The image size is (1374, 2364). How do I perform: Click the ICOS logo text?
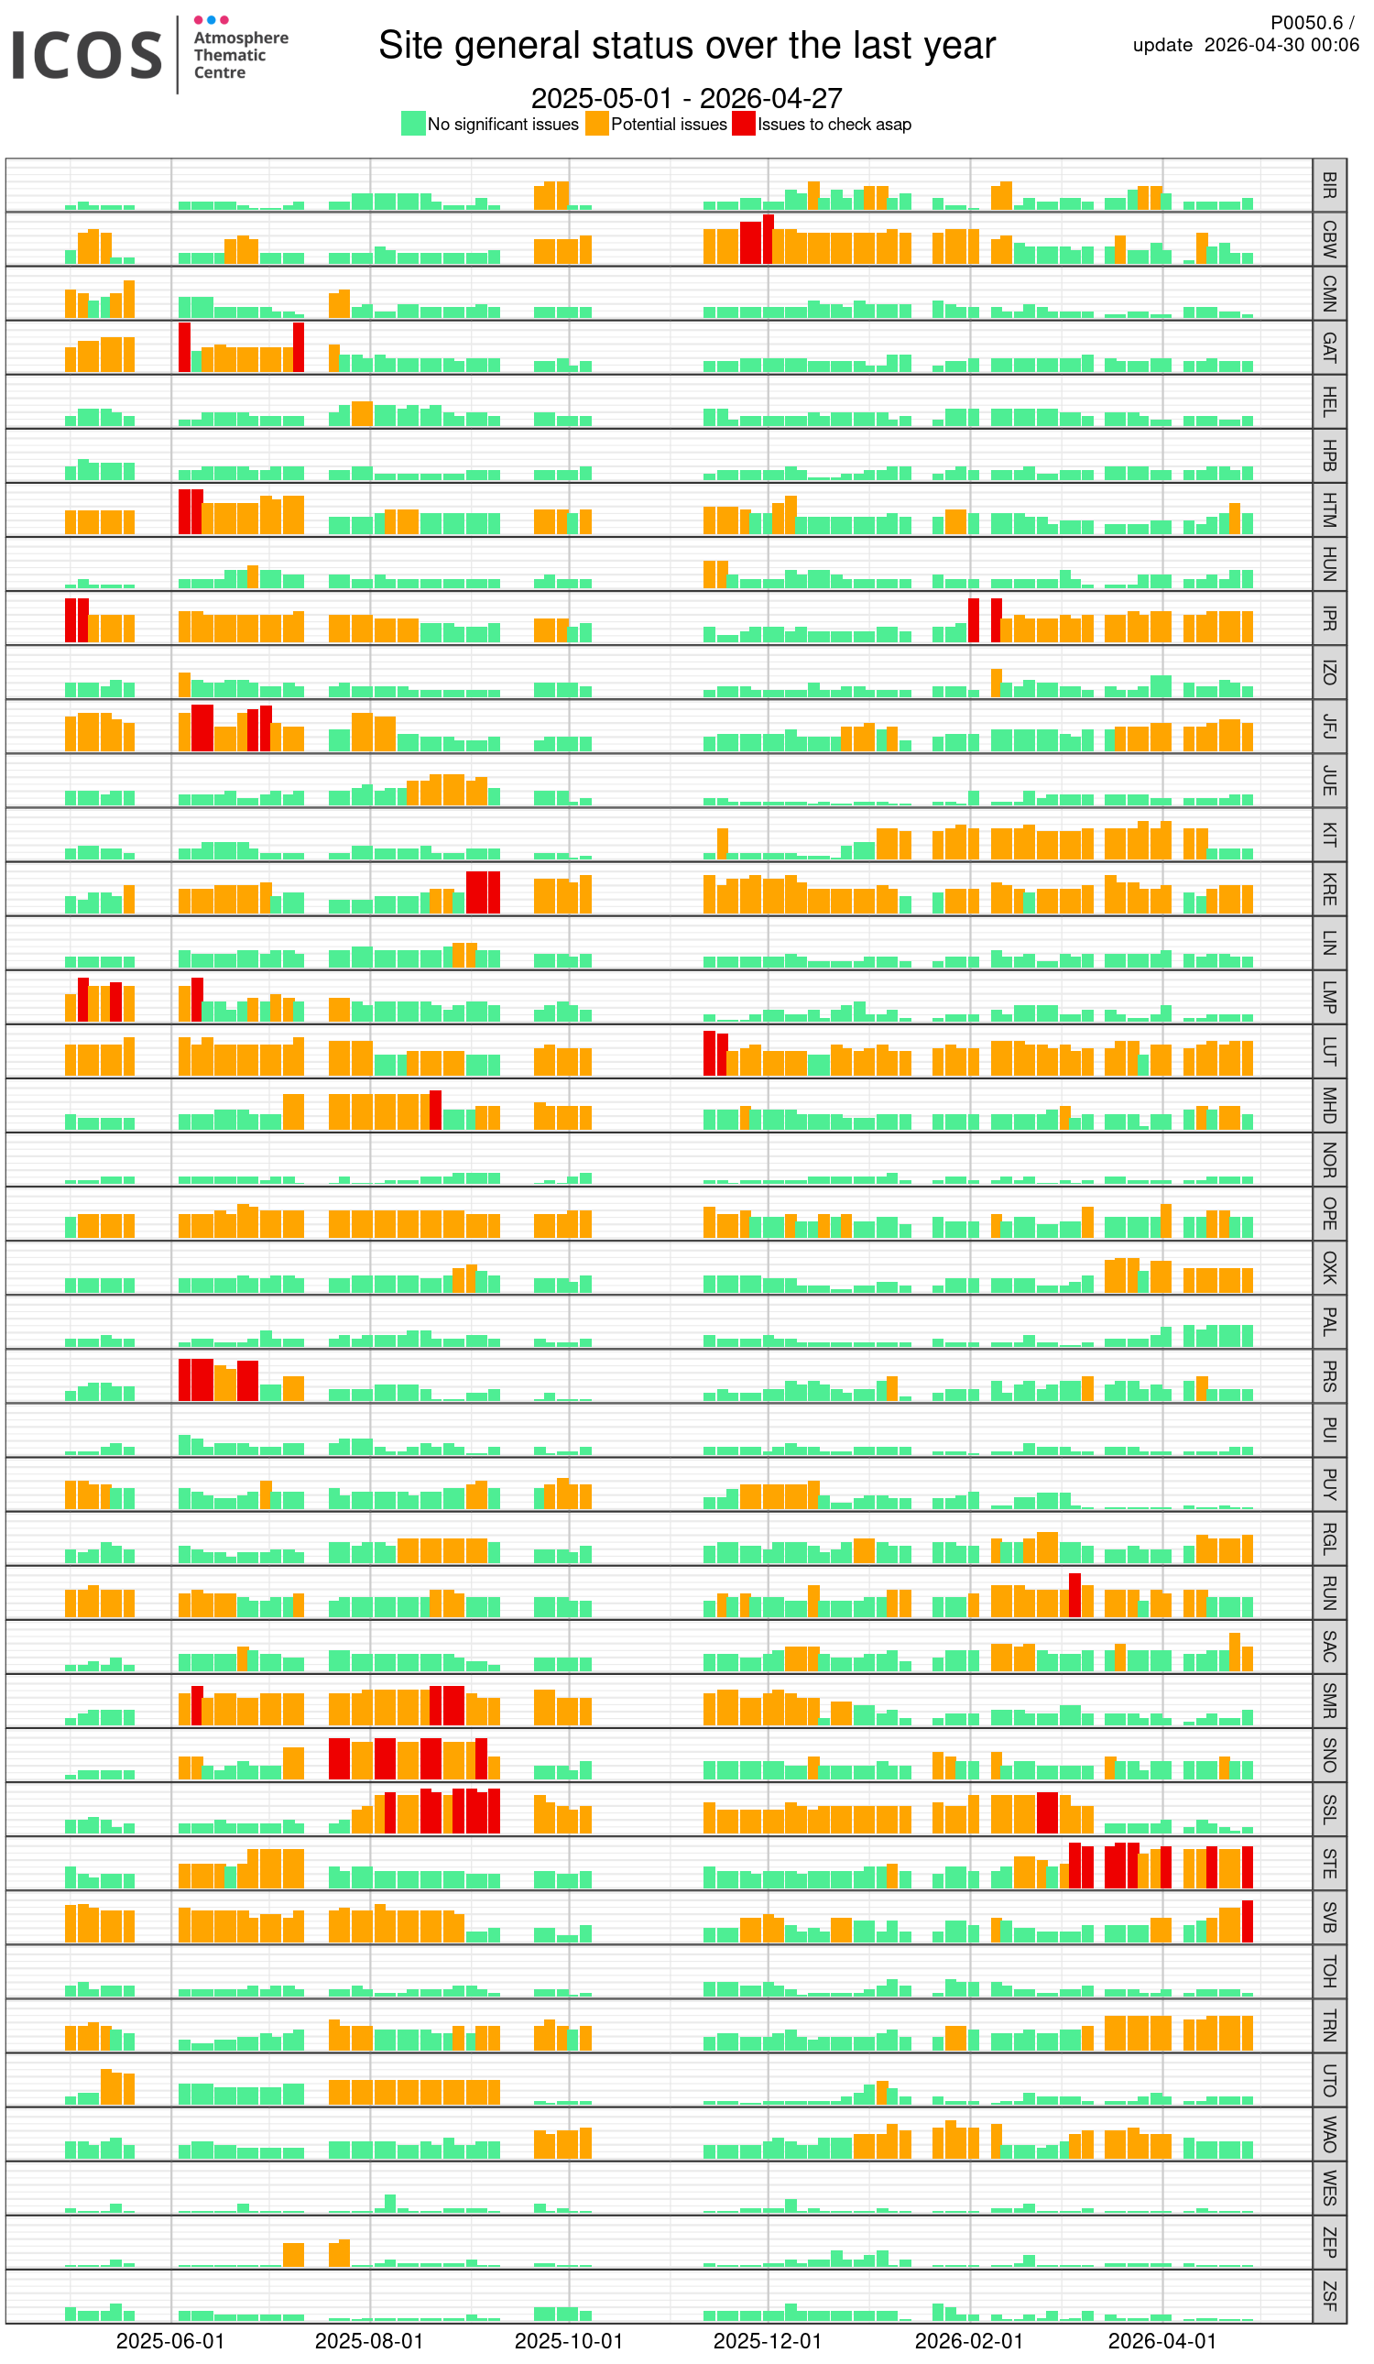pos(86,54)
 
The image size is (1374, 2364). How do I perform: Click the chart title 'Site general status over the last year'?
pos(686,45)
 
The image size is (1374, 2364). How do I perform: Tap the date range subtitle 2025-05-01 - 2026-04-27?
pos(686,97)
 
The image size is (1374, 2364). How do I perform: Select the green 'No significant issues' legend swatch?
pos(413,124)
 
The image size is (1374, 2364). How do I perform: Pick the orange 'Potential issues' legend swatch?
pos(596,124)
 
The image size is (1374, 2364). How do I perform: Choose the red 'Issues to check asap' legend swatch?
pos(744,124)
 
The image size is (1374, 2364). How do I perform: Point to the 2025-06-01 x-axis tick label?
pos(170,2340)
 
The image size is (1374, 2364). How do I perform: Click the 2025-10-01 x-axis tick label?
pos(568,2340)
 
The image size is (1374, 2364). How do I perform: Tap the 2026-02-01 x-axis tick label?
pos(969,2340)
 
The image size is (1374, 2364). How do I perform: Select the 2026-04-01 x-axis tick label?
pos(1162,2340)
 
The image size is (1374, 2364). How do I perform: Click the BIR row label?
pos(1329,185)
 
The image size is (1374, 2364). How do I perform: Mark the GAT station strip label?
pos(1329,348)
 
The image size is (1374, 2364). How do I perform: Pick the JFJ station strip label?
pos(1329,727)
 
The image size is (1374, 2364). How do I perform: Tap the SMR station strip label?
pos(1329,1702)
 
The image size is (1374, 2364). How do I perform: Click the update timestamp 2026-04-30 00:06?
pos(1281,45)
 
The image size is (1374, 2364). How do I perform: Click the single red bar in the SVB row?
pos(1248,1922)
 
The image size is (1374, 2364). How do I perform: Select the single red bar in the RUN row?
pos(1074,1594)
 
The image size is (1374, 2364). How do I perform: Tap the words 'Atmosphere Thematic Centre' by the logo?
pos(240,54)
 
